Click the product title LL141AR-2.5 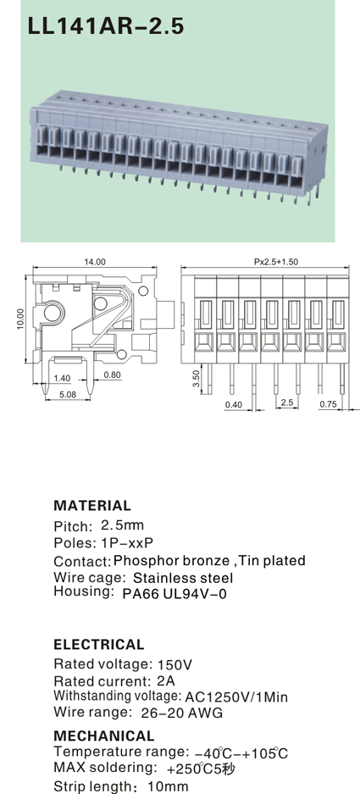click(106, 25)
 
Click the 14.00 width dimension click(95, 262)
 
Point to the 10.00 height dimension click(20, 319)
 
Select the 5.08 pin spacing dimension click(67, 393)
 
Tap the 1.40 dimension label click(62, 378)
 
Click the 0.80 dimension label click(112, 375)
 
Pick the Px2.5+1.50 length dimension click(276, 262)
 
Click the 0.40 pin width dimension click(234, 404)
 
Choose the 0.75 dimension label click(328, 403)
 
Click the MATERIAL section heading click(92, 505)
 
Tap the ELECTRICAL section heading click(99, 644)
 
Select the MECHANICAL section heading click(104, 736)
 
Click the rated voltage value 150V click(174, 664)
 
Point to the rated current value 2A click(166, 681)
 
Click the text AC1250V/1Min click(236, 697)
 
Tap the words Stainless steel click(183, 578)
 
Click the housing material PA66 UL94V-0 click(174, 593)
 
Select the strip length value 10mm click(168, 787)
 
